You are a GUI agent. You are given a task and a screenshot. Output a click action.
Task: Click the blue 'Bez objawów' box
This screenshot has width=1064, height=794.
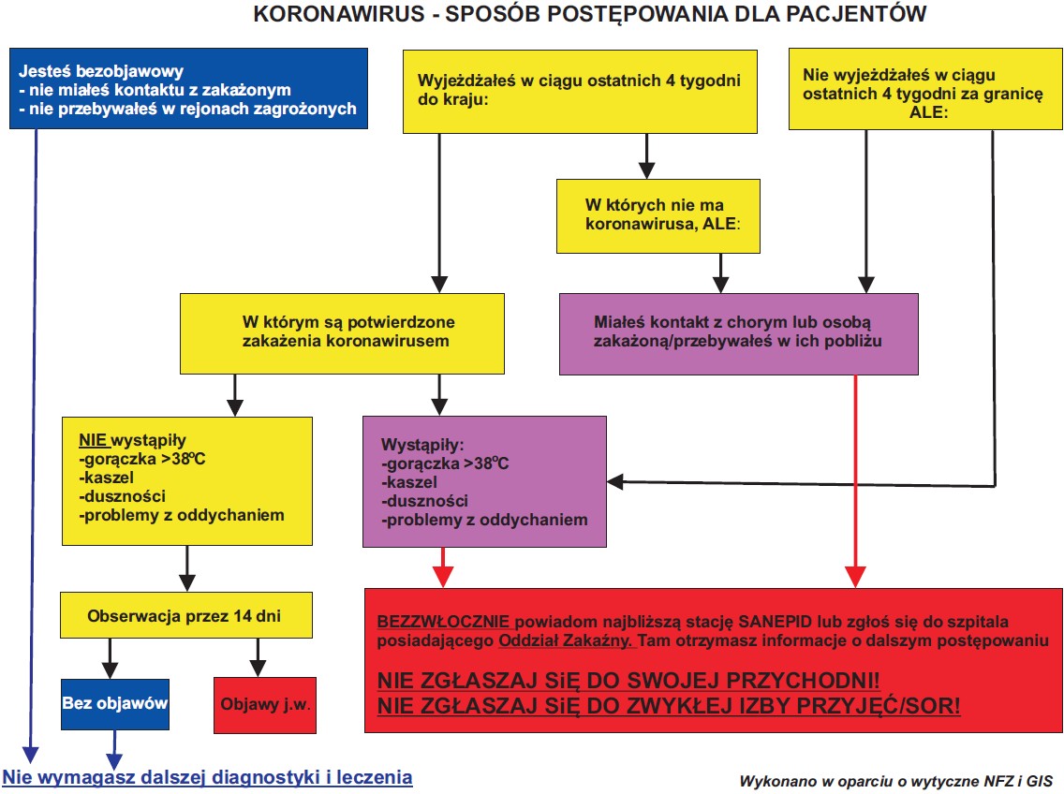tap(115, 703)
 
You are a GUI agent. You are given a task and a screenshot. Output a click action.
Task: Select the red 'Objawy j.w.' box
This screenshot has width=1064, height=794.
tap(265, 704)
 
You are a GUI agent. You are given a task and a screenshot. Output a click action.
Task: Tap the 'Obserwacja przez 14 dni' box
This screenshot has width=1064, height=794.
tap(185, 616)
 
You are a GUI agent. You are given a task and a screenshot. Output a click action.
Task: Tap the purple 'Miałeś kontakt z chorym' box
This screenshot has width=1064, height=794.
tap(738, 332)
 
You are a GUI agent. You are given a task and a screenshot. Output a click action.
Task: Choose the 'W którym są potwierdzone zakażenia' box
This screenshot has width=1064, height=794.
tap(344, 332)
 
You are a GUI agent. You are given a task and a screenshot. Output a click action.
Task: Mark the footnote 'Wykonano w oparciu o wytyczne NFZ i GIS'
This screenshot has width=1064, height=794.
tap(896, 781)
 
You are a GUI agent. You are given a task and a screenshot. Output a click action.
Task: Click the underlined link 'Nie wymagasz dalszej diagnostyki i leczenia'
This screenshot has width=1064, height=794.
tap(208, 777)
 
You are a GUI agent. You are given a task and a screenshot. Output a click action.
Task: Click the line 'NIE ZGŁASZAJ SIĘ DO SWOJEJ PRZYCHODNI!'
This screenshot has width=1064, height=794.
tap(628, 679)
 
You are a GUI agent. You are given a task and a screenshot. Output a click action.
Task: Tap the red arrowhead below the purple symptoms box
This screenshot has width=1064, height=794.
tap(443, 577)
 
